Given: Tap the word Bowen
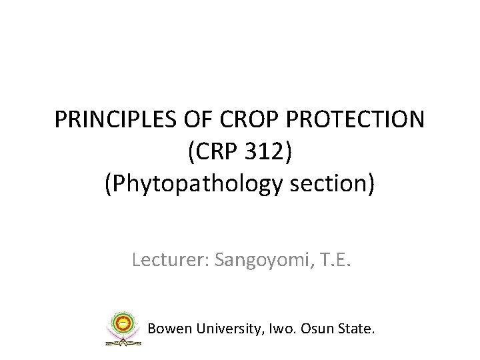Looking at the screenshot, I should [167, 329].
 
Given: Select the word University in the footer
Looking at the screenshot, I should [221, 329].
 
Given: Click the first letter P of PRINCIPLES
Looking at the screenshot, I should [61, 121].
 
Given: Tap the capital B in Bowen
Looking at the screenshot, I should [152, 329].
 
